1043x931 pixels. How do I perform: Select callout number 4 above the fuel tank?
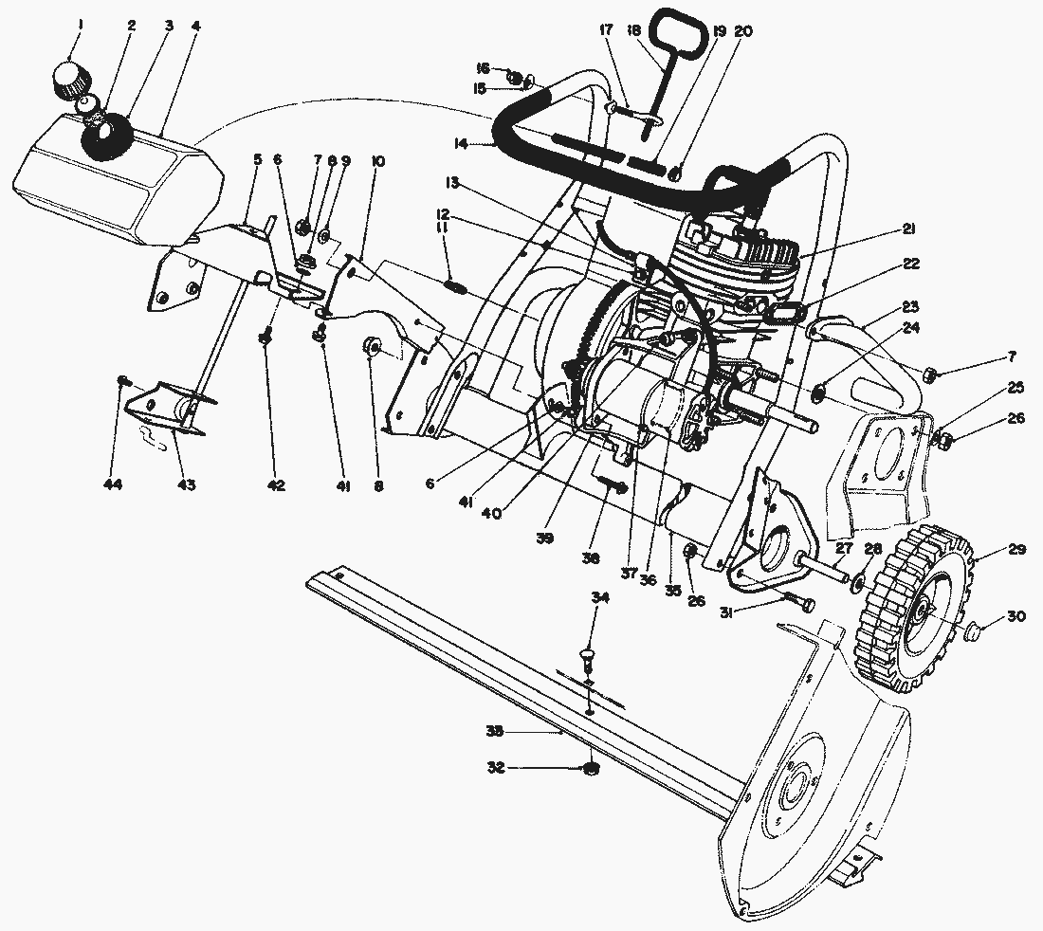195,26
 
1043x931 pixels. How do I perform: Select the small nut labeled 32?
591,768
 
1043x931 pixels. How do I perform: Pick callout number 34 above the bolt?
599,597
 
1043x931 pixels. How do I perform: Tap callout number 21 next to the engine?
908,228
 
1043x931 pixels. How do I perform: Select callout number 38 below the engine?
592,559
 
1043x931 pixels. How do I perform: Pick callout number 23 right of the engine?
910,306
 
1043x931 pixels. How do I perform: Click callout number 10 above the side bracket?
377,161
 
